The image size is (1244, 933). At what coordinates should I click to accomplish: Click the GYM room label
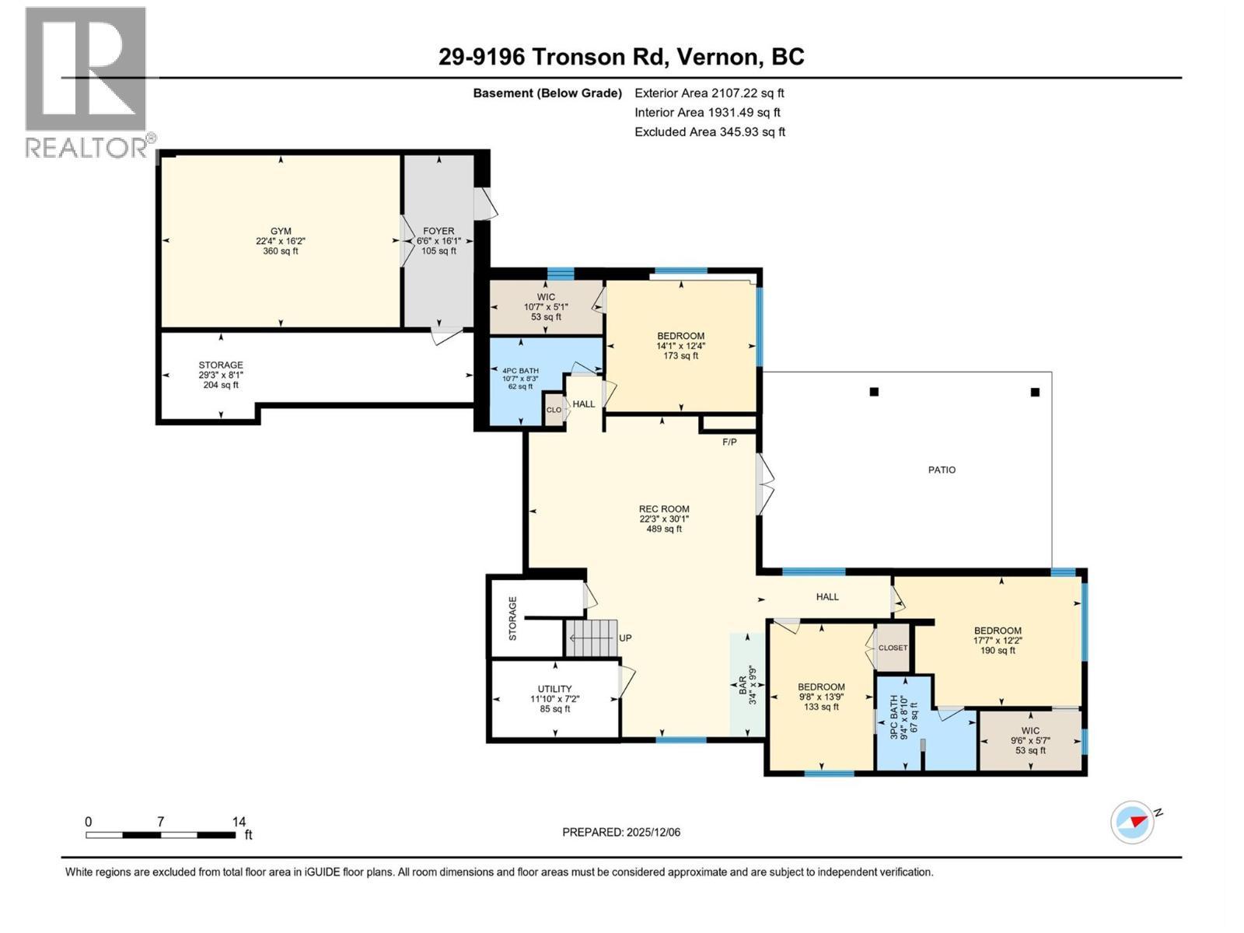click(x=281, y=231)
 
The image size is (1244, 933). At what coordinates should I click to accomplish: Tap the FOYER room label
click(x=439, y=231)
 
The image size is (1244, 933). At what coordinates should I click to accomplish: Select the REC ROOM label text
click(x=664, y=509)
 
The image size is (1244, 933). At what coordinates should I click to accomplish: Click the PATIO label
click(x=942, y=470)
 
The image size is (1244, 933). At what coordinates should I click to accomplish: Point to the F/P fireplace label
click(x=729, y=442)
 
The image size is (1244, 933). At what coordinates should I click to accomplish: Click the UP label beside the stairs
click(x=625, y=638)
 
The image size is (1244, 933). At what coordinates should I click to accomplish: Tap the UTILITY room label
click(x=554, y=689)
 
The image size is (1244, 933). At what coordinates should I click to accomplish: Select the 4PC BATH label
click(x=520, y=371)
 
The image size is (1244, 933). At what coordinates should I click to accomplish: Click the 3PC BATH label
click(x=893, y=716)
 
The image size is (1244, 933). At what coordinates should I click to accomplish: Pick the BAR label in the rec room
click(x=743, y=685)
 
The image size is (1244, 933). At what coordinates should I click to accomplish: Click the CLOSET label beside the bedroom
click(x=893, y=648)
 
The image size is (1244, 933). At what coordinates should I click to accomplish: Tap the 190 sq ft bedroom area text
click(x=998, y=651)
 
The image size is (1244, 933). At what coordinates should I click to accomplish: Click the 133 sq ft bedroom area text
click(x=821, y=707)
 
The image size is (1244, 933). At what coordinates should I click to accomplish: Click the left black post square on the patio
click(x=874, y=392)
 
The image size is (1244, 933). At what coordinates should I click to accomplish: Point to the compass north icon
click(x=1132, y=821)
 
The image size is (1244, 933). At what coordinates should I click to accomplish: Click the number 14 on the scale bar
click(x=239, y=822)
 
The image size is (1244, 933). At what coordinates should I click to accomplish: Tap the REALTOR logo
click(x=86, y=82)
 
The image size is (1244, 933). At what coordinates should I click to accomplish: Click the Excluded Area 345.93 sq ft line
click(x=709, y=132)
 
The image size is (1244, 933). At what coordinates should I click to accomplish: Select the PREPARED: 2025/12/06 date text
click(x=621, y=832)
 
